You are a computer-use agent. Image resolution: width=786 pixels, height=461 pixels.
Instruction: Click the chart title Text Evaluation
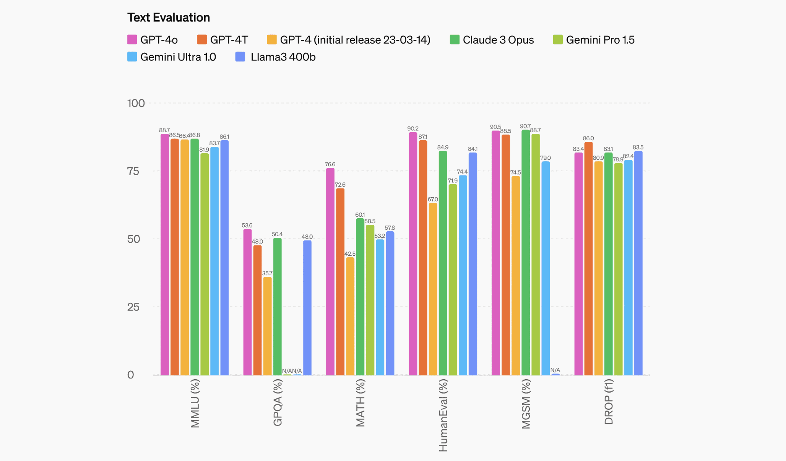tap(169, 18)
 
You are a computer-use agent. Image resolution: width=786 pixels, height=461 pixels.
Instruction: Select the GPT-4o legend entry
tap(153, 40)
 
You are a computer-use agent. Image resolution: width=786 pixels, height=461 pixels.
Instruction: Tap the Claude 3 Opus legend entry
tap(492, 40)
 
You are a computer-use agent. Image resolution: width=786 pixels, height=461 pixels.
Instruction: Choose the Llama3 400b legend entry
tap(276, 57)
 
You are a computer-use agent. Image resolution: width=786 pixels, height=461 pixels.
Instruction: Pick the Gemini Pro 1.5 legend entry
tap(594, 40)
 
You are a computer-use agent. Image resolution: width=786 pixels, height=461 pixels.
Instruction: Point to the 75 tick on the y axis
tap(133, 171)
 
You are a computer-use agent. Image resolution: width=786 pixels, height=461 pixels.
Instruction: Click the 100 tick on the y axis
tap(136, 103)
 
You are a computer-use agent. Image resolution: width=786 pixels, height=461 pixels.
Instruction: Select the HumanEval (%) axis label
tap(443, 415)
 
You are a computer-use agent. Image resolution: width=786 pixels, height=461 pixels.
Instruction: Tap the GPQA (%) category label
tap(278, 402)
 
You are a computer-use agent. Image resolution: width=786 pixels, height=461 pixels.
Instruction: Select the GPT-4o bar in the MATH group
tap(330, 271)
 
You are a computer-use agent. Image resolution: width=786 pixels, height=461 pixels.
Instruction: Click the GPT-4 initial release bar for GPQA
tap(267, 326)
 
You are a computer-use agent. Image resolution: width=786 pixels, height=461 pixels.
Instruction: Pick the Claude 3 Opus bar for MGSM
tap(526, 252)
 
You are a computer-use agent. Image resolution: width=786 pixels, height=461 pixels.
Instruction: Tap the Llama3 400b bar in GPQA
tap(307, 307)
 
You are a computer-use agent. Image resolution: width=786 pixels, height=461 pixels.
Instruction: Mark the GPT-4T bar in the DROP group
tap(588, 258)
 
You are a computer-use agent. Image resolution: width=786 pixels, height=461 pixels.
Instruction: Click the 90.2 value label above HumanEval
tap(413, 129)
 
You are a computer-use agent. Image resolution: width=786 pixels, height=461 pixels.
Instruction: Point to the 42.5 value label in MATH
tap(350, 254)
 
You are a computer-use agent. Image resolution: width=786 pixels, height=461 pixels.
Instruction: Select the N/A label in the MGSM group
tap(555, 370)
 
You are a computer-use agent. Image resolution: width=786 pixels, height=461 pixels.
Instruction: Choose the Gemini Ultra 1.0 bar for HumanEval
tap(463, 275)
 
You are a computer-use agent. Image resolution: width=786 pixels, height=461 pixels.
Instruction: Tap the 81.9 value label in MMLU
tap(204, 150)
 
